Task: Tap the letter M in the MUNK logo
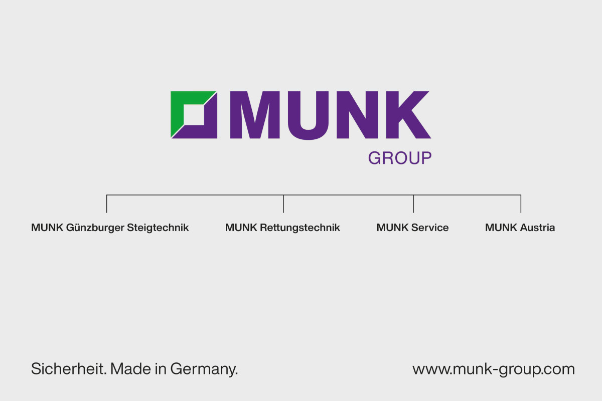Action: pos(255,115)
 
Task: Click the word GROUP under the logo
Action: pos(400,158)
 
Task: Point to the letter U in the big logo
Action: pos(308,116)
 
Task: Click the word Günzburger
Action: pos(95,228)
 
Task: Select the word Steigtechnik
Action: pos(158,228)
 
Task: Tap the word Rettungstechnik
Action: pos(300,228)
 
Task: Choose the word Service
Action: pos(430,228)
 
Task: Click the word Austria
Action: pos(537,228)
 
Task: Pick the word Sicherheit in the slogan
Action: pos(69,368)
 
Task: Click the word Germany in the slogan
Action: pos(204,369)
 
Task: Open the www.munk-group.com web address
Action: pos(494,369)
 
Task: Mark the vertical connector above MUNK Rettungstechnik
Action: pos(283,204)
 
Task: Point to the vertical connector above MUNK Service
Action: pos(413,204)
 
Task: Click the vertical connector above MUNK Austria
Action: pos(521,204)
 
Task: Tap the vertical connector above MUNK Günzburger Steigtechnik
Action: pos(107,204)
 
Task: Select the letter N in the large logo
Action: pos(357,115)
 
